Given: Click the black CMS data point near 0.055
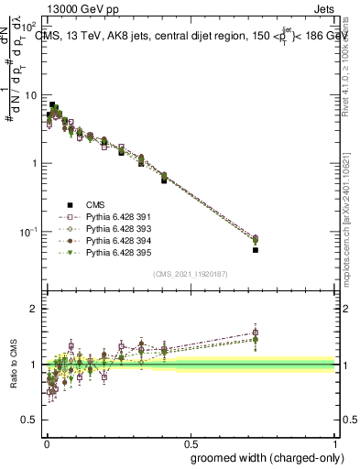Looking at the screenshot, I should click(256, 249).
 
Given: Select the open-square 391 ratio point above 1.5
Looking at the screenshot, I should click(256, 333).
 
